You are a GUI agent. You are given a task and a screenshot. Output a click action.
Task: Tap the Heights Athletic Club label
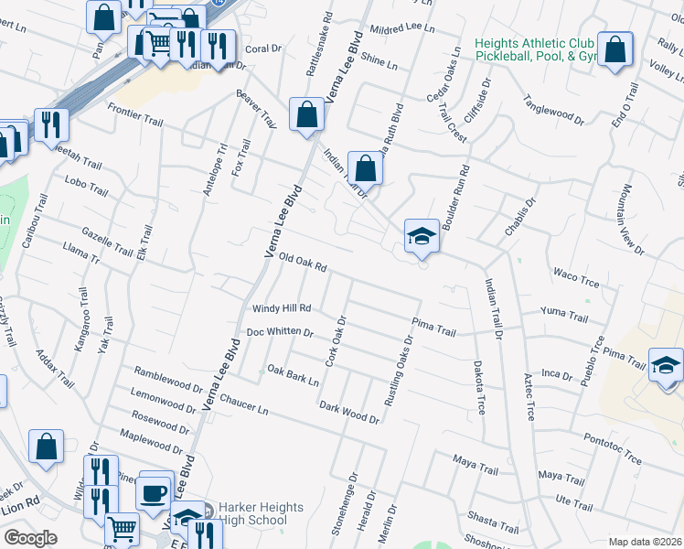535,50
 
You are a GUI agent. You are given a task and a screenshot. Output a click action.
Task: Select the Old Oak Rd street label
303,263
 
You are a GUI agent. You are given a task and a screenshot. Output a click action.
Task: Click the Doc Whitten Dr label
281,332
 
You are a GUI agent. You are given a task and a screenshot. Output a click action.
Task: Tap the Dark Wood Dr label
348,412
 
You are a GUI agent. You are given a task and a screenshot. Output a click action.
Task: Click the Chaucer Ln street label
243,403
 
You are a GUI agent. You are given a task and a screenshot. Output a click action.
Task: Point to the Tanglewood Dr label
553,107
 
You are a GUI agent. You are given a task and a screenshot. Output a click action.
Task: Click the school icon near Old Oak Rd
422,236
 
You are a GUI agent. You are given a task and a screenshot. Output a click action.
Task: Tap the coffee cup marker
155,492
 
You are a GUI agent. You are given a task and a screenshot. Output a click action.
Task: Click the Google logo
30,538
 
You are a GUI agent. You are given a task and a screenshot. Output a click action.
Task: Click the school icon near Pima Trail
666,366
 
